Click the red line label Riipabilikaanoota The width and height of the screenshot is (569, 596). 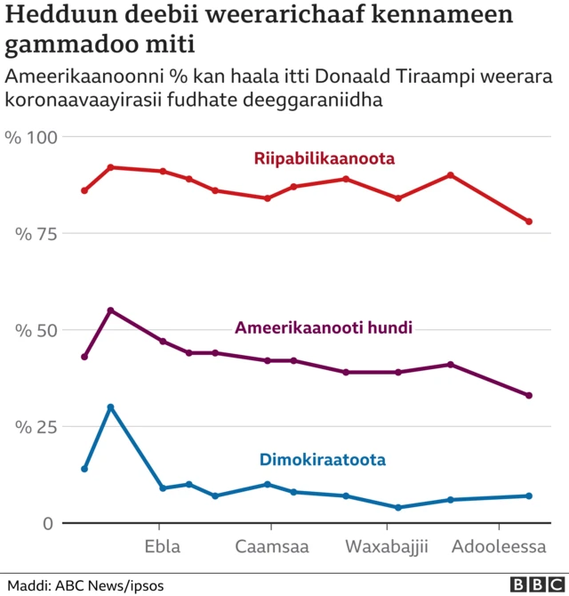(324, 158)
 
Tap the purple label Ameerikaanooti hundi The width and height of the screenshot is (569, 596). (324, 327)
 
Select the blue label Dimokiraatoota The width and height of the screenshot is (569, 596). (322, 460)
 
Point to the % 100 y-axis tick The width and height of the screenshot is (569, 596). (31, 138)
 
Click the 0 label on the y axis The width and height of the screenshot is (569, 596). (47, 523)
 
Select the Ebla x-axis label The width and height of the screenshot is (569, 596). (162, 546)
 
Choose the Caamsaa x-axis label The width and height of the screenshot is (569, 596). (272, 546)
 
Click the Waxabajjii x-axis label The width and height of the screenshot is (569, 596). (387, 546)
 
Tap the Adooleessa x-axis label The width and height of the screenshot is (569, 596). (499, 546)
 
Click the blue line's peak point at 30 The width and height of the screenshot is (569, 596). (110, 407)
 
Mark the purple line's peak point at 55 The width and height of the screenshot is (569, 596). (110, 310)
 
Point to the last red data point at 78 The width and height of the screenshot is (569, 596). (529, 221)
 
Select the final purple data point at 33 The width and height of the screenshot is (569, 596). (529, 395)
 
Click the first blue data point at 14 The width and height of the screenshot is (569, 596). (84, 469)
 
